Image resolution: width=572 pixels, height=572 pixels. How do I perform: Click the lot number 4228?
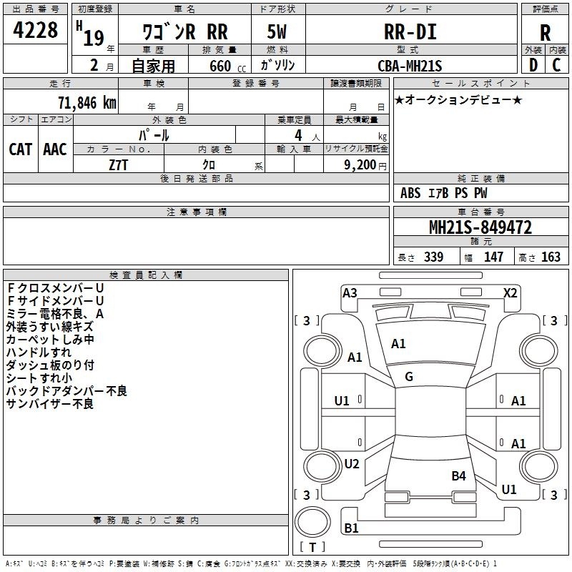click(35, 30)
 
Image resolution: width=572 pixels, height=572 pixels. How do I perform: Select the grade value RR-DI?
click(410, 31)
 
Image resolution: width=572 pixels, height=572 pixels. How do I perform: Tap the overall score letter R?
click(545, 33)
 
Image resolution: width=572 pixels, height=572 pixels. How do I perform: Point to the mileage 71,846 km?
click(87, 103)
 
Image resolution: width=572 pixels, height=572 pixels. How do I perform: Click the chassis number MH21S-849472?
click(480, 227)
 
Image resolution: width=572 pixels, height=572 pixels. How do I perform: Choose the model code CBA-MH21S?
click(410, 66)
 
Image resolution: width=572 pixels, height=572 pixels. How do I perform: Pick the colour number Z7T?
click(118, 165)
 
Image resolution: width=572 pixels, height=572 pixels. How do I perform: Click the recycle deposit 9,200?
click(360, 165)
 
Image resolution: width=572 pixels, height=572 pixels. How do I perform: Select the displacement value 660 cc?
click(227, 66)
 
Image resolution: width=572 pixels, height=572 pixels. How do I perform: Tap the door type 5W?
click(277, 31)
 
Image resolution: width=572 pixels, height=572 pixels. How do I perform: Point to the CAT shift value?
click(21, 149)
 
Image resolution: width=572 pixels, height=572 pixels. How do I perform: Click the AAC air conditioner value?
click(55, 149)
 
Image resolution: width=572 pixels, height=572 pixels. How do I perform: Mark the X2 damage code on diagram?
click(510, 293)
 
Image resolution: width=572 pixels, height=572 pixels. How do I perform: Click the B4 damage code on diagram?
click(458, 475)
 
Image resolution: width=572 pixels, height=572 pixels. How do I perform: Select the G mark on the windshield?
click(409, 377)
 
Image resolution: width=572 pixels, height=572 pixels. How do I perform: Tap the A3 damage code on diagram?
click(350, 293)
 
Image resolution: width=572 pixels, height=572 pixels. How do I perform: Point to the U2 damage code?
click(352, 463)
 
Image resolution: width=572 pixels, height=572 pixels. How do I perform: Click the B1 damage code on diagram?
click(351, 528)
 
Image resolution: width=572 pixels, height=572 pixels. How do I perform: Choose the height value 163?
click(551, 257)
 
